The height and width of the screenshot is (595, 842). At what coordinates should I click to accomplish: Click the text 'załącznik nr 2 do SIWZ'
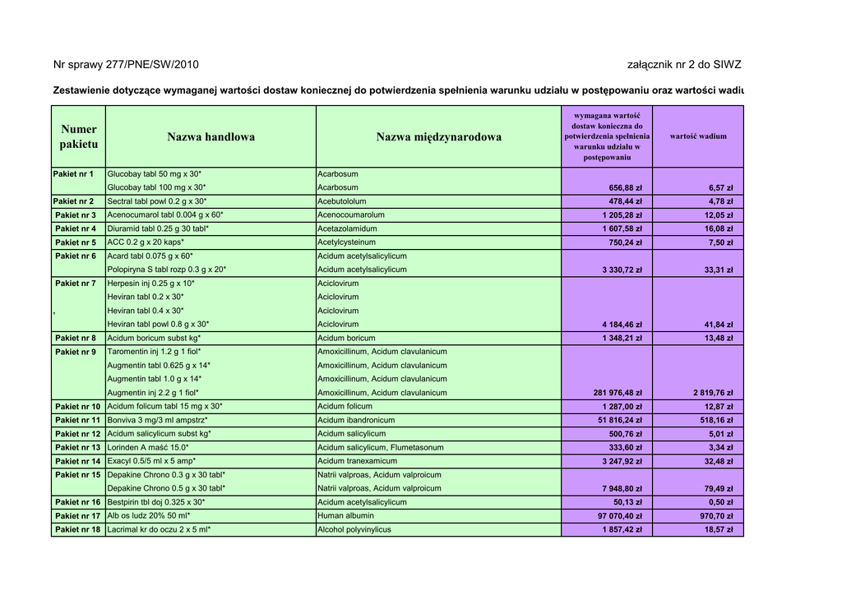(683, 64)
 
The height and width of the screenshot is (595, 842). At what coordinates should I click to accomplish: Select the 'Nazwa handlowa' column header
(210, 137)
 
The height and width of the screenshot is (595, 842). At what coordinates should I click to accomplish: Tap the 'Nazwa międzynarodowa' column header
(438, 137)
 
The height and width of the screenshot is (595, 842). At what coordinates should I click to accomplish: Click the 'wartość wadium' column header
(698, 136)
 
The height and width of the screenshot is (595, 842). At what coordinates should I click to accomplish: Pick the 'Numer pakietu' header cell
(78, 136)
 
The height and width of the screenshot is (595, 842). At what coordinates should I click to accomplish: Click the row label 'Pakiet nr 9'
(76, 352)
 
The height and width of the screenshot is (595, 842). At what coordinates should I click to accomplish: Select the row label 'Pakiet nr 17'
(78, 516)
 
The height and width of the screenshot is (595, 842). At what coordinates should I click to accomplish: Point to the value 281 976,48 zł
(618, 393)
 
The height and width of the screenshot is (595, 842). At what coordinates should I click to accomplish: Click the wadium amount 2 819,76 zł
(712, 393)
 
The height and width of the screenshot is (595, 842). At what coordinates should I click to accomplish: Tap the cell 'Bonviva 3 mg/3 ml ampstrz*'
(157, 420)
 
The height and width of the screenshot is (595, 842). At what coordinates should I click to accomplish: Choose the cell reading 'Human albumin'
(346, 516)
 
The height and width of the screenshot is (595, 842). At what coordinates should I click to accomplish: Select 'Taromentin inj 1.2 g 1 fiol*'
(155, 352)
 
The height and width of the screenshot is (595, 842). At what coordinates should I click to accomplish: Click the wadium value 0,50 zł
(720, 502)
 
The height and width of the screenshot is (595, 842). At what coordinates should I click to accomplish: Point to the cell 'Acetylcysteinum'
(347, 242)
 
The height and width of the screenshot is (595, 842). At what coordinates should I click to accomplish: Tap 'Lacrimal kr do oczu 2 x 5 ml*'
(160, 530)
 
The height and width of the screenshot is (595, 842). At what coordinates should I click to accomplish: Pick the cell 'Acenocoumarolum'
(351, 214)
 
